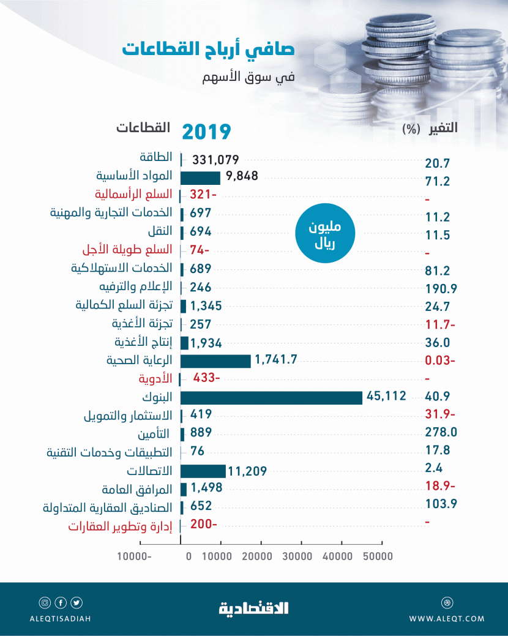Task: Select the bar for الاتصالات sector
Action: (203, 471)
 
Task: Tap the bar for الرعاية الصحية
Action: (215, 361)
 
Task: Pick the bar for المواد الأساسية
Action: (200, 178)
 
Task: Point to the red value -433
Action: (206, 378)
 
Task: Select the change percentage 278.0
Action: (441, 432)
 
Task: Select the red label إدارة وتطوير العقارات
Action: (119, 525)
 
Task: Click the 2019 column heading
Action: (207, 131)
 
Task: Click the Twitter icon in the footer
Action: (76, 602)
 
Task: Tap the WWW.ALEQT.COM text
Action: (447, 619)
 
